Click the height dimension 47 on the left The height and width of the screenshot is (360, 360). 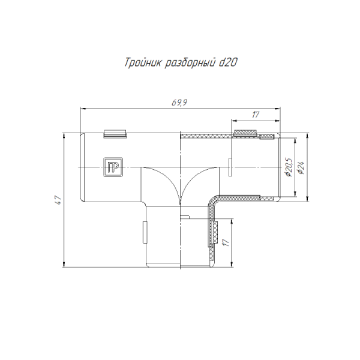(58, 200)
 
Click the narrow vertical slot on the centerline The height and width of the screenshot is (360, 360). (230, 167)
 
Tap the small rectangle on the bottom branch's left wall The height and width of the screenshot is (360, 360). (143, 231)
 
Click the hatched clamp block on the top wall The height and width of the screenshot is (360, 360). (245, 132)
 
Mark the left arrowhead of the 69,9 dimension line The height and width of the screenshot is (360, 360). (83, 109)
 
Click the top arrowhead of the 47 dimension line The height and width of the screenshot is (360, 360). (64, 136)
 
